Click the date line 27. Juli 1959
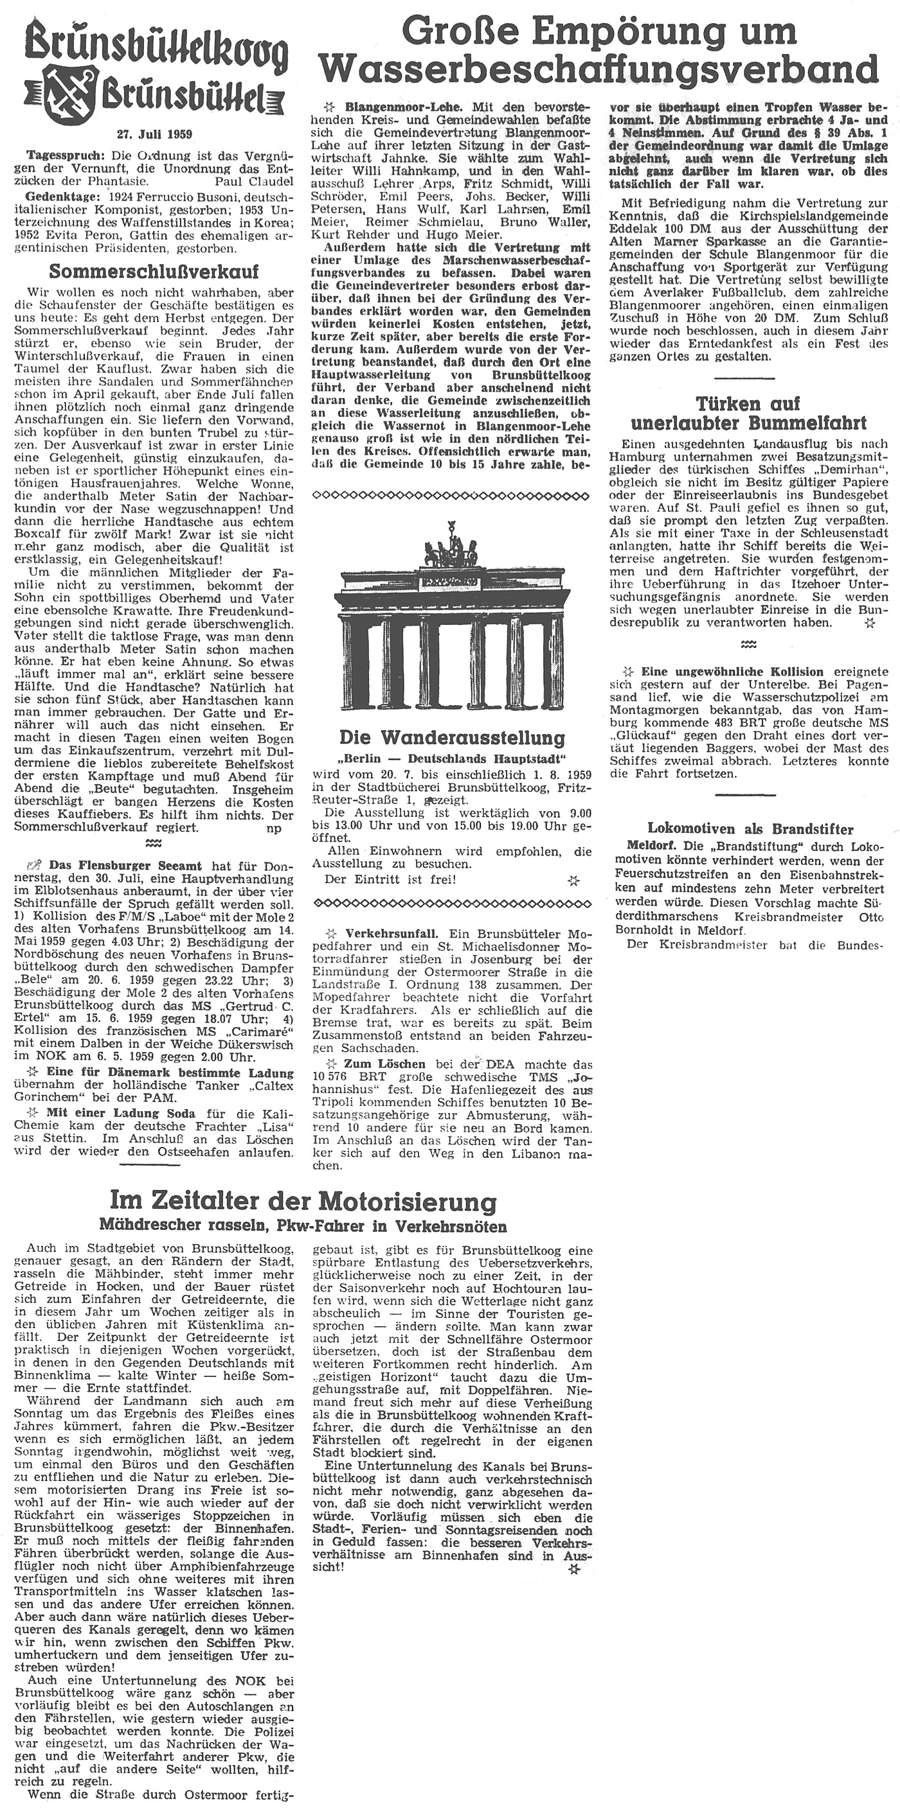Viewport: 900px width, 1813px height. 154,133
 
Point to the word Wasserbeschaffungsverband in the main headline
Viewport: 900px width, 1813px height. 598,71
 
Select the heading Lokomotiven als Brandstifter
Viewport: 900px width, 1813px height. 750,829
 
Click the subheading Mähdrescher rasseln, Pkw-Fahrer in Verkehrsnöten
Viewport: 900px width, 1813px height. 303,1226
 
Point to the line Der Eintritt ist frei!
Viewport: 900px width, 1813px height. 390,879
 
